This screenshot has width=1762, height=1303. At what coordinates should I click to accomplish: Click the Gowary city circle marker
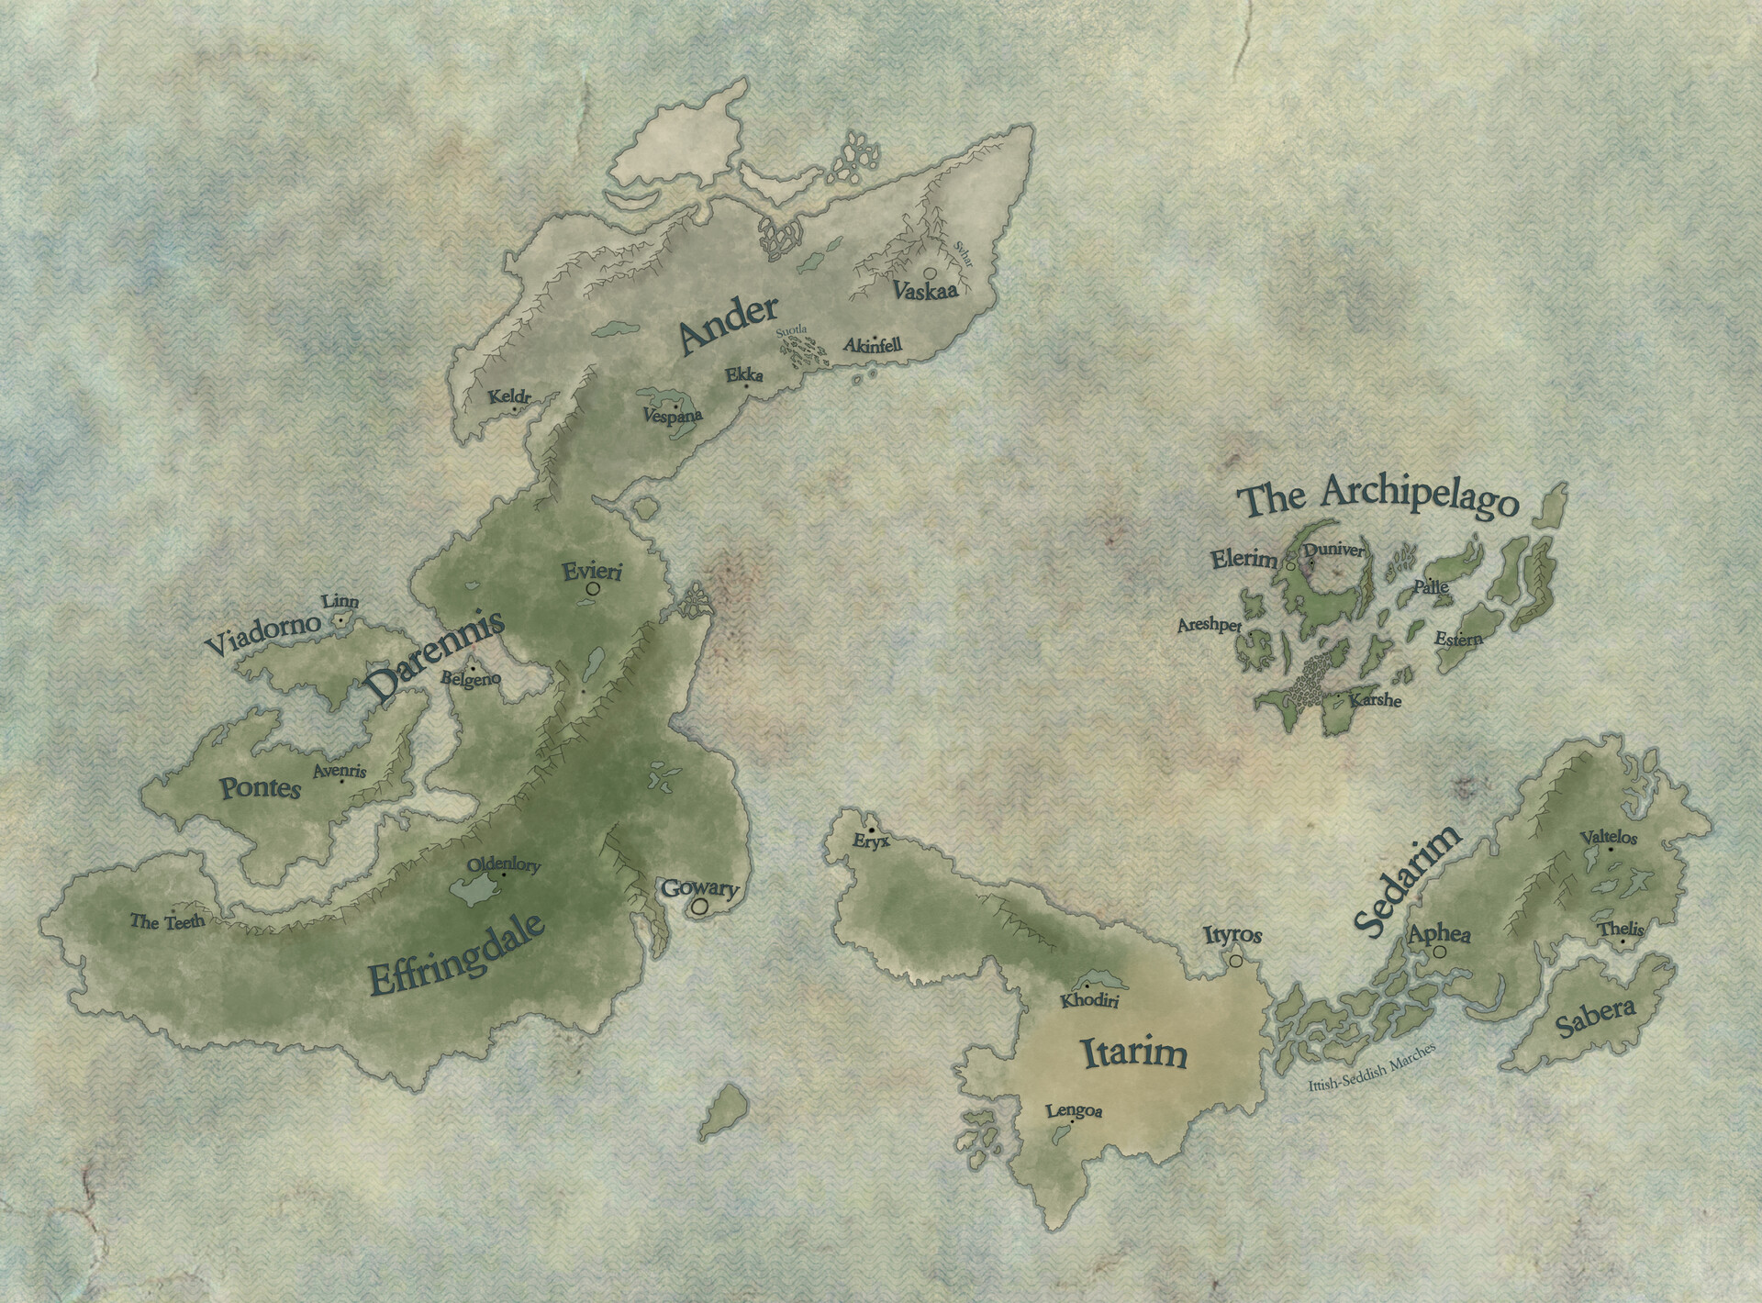tap(701, 907)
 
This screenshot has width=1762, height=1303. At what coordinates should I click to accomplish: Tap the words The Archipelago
tap(1377, 500)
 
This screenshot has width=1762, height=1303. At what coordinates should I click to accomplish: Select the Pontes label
tap(261, 787)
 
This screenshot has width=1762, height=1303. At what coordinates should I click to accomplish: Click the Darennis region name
tap(435, 658)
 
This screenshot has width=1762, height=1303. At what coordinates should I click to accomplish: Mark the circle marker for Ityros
tap(1236, 960)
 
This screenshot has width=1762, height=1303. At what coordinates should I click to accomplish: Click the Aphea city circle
tap(1439, 952)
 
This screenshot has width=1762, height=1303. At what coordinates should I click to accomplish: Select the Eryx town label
tap(871, 841)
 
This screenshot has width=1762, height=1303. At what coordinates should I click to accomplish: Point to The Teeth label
tap(167, 921)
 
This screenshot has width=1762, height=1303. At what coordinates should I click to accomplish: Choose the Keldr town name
tap(510, 397)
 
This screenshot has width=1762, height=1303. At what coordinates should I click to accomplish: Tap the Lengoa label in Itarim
tap(1074, 1111)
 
